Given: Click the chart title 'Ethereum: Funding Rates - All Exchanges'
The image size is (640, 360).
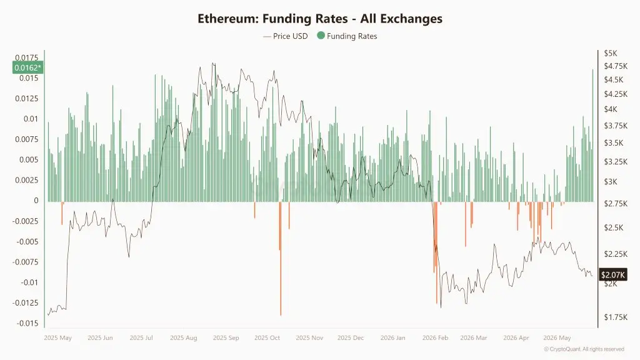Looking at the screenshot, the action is [320, 19].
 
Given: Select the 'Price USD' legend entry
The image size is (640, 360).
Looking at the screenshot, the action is [285, 36].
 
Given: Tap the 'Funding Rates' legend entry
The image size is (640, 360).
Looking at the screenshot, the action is [347, 36].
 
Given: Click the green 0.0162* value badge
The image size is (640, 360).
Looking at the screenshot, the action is [27, 67].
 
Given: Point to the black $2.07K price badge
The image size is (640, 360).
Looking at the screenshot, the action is [612, 275].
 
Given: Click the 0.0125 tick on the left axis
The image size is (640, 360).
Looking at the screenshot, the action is [26, 98].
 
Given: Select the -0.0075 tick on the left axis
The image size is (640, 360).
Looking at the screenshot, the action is [25, 262].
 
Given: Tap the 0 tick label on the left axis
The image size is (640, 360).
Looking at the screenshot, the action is [36, 201].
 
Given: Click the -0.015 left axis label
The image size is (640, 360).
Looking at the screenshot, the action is [27, 323].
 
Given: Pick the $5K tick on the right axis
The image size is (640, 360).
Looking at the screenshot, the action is [611, 54].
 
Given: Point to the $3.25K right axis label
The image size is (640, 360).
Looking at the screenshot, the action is [616, 162].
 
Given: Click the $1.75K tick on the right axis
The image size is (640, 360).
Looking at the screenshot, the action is [616, 317].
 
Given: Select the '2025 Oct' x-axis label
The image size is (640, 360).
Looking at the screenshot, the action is [267, 338].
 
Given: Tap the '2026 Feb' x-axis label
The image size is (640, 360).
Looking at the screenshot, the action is [435, 338].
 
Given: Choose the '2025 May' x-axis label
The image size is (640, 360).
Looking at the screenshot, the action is [57, 338].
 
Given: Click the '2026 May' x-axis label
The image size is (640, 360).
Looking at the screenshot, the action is [557, 338].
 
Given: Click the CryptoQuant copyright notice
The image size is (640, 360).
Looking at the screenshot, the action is [584, 349].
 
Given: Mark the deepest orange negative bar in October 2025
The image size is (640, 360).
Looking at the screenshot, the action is [281, 258].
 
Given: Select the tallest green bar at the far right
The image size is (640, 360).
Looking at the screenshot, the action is [592, 136].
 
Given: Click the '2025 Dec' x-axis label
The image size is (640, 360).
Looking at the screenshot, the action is [351, 338].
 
